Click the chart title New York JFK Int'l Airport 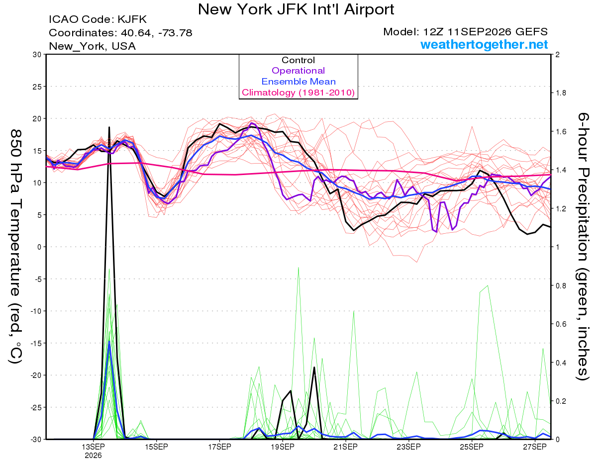pos(296,9)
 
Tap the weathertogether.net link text pos(484,44)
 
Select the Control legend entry pos(298,60)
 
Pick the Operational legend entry pos(298,71)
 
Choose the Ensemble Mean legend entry pos(298,82)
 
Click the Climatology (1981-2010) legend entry pos(298,92)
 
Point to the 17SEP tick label pos(219,447)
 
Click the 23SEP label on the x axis pos(408,447)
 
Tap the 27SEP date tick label pos(535,447)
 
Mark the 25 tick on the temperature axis pos(37,87)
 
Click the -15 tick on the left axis pos(36,343)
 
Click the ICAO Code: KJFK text pos(98,19)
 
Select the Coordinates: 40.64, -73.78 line pos(120,33)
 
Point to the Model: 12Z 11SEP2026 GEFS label pos(465,32)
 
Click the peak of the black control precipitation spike pos(109,127)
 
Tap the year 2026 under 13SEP pos(93,456)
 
